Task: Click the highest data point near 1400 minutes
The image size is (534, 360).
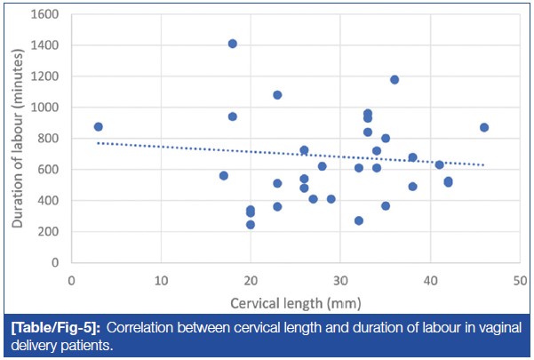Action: [233, 44]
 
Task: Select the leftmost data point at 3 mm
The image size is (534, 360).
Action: [99, 127]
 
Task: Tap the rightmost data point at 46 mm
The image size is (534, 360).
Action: [484, 128]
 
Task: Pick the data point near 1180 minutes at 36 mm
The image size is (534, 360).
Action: [395, 80]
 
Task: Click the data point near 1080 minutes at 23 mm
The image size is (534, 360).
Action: [277, 95]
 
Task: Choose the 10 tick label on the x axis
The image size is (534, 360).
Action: [161, 277]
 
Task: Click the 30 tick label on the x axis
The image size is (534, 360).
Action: [339, 277]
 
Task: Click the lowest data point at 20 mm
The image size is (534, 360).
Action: [251, 225]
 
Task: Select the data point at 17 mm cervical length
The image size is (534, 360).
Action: [224, 176]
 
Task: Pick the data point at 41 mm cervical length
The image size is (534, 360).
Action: [439, 164]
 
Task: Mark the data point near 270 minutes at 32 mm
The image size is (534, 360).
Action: [358, 220]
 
